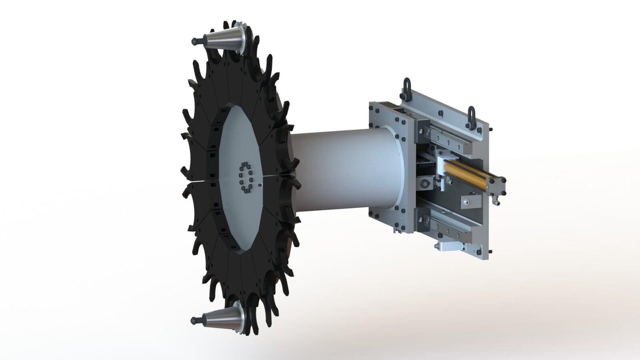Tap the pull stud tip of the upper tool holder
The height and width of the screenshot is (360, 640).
point(194,41)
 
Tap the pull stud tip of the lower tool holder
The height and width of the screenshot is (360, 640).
point(194,320)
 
